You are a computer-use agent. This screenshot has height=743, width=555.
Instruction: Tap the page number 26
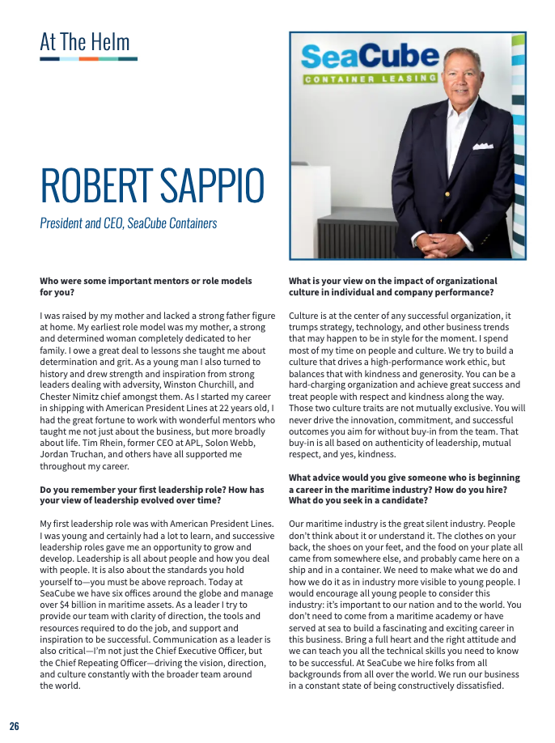click(15, 725)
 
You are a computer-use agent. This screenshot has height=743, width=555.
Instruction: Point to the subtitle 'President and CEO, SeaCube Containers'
click(128, 223)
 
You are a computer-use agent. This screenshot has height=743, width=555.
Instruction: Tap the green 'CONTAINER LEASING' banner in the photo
click(370, 79)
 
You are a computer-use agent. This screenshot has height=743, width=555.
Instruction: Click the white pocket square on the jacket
click(483, 146)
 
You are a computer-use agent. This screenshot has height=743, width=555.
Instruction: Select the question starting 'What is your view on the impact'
click(392, 281)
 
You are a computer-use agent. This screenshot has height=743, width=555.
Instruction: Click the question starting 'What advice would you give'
click(404, 478)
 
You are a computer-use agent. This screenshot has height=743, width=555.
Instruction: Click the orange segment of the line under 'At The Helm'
click(89, 59)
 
